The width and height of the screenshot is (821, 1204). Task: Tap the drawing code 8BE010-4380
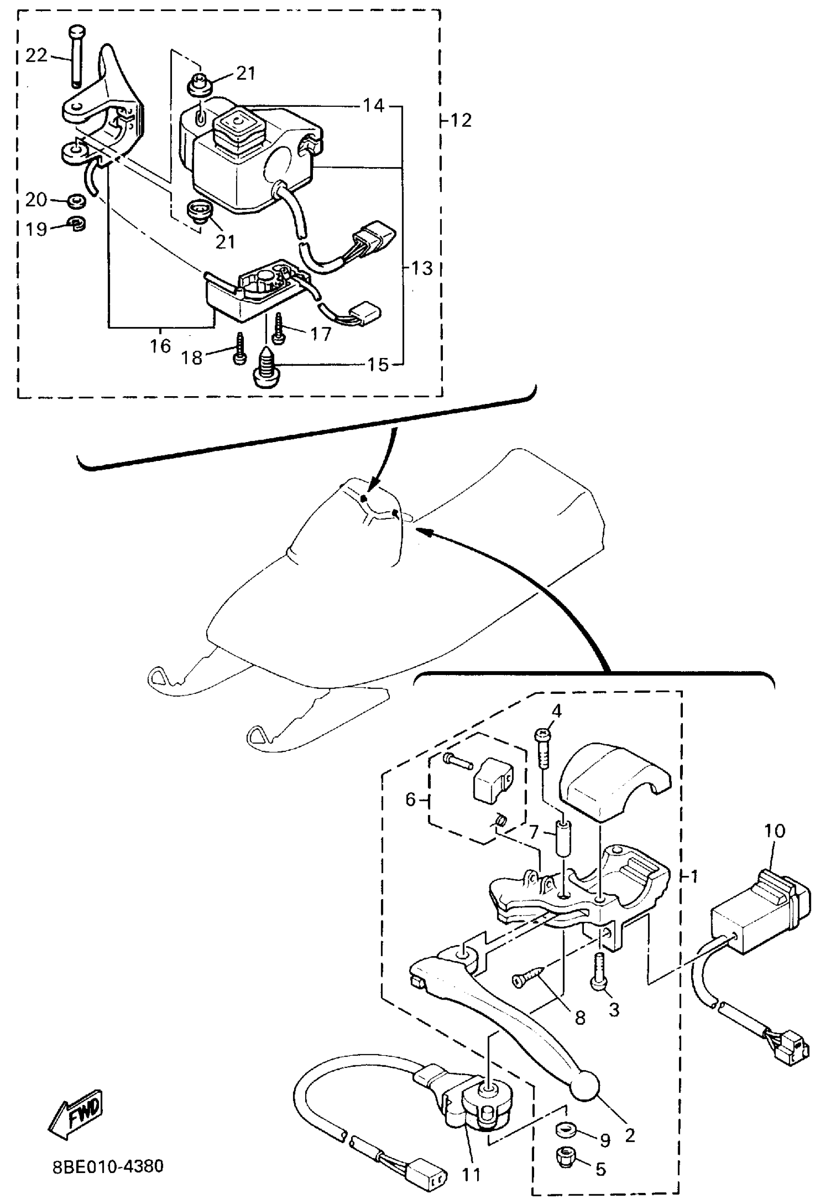[108, 1166]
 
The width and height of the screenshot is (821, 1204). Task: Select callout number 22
[36, 56]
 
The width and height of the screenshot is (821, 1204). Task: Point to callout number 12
[461, 120]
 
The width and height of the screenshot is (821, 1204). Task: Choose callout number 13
[422, 268]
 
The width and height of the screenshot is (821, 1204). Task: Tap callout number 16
[160, 345]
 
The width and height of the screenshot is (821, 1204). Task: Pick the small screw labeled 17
[279, 328]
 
